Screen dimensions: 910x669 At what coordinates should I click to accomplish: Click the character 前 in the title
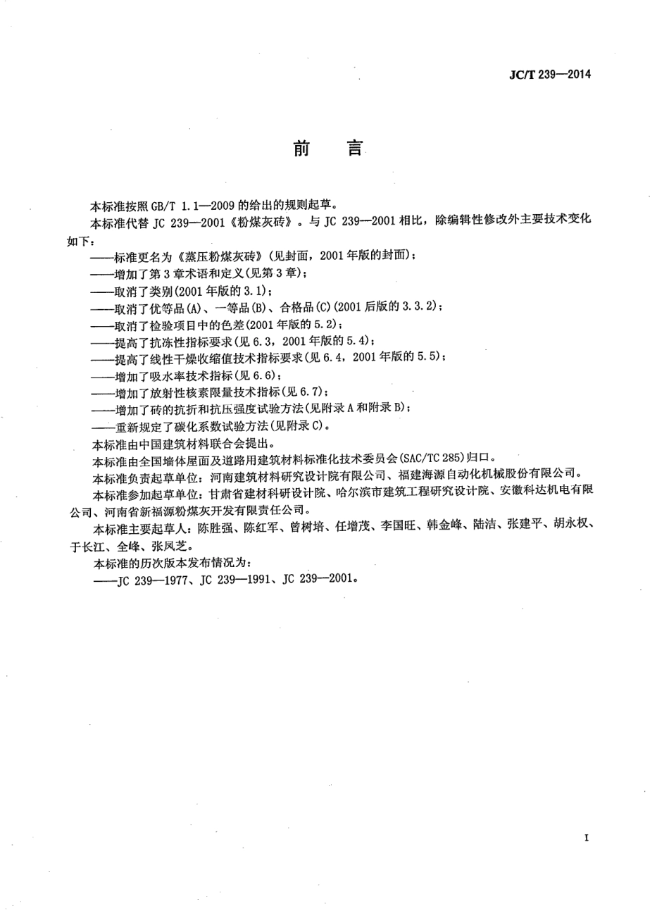click(x=301, y=149)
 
